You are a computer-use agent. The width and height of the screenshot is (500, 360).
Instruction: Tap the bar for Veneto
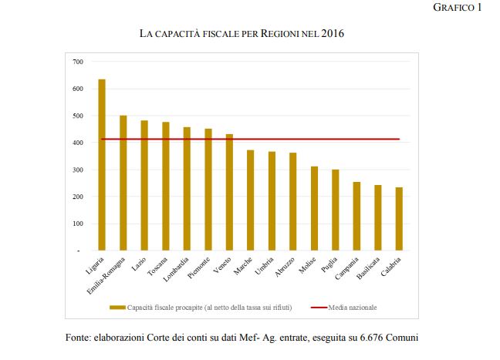[x=229, y=193]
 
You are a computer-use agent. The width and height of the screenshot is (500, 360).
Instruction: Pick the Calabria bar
[x=399, y=219]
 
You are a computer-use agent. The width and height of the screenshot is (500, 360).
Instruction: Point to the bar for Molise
[x=314, y=208]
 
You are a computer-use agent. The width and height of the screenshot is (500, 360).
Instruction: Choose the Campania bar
[x=356, y=216]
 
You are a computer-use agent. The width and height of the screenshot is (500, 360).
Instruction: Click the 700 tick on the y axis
[x=77, y=62]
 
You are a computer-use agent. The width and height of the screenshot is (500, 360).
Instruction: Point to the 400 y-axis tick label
[x=77, y=143]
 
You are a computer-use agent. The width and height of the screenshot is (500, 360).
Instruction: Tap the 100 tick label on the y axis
[x=77, y=224]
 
